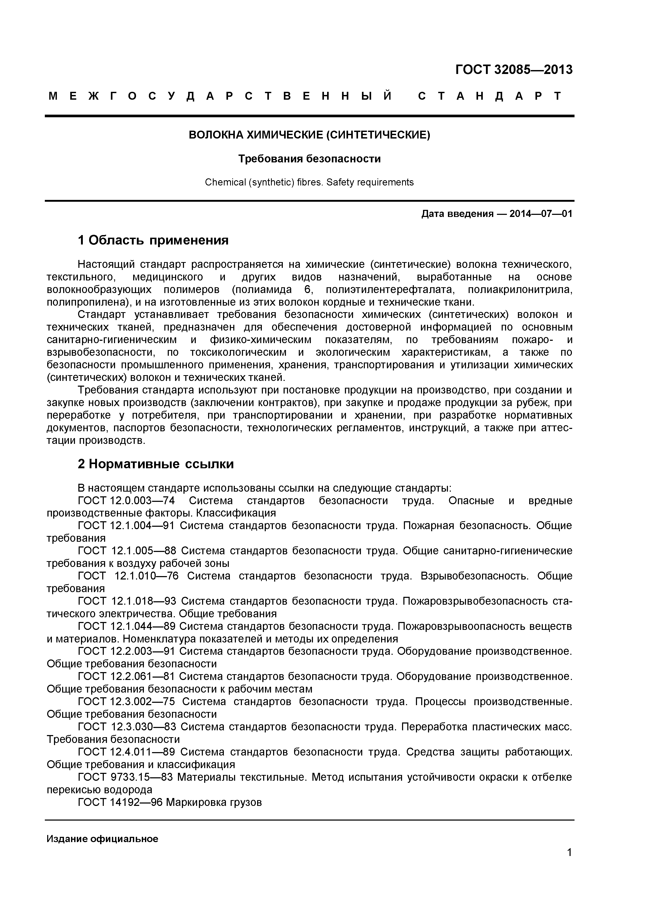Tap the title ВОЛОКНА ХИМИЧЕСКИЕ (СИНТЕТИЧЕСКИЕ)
point(309,135)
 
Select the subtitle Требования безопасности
point(309,159)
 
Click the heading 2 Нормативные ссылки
point(155,464)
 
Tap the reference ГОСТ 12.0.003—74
point(127,501)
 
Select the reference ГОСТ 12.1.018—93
point(127,601)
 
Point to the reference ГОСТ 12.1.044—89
point(126,626)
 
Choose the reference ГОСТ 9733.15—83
point(125,777)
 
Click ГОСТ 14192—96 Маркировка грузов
point(170,802)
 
